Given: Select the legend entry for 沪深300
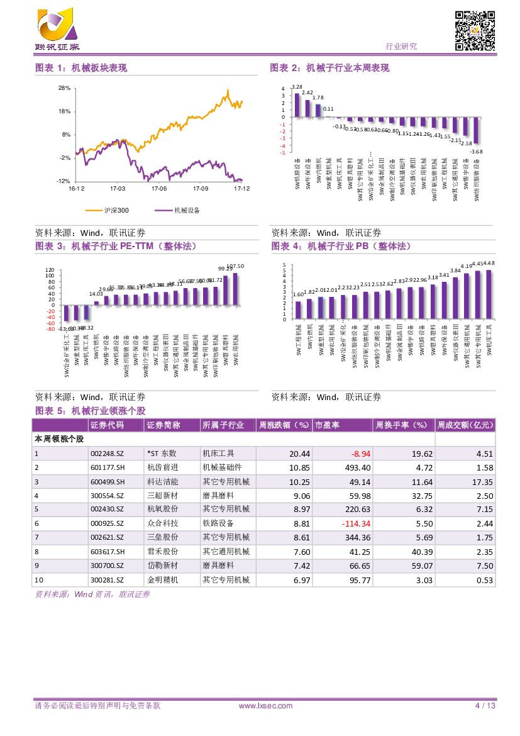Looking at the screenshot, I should click(116, 210).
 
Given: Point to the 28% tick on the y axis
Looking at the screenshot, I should click(64, 88).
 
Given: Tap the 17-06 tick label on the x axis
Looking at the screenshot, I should click(159, 188).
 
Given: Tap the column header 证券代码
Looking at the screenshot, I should click(107, 426).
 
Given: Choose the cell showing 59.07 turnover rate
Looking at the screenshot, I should click(421, 566).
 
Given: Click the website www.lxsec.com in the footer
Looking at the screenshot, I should click(266, 706).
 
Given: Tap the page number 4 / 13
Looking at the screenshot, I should click(485, 706).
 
